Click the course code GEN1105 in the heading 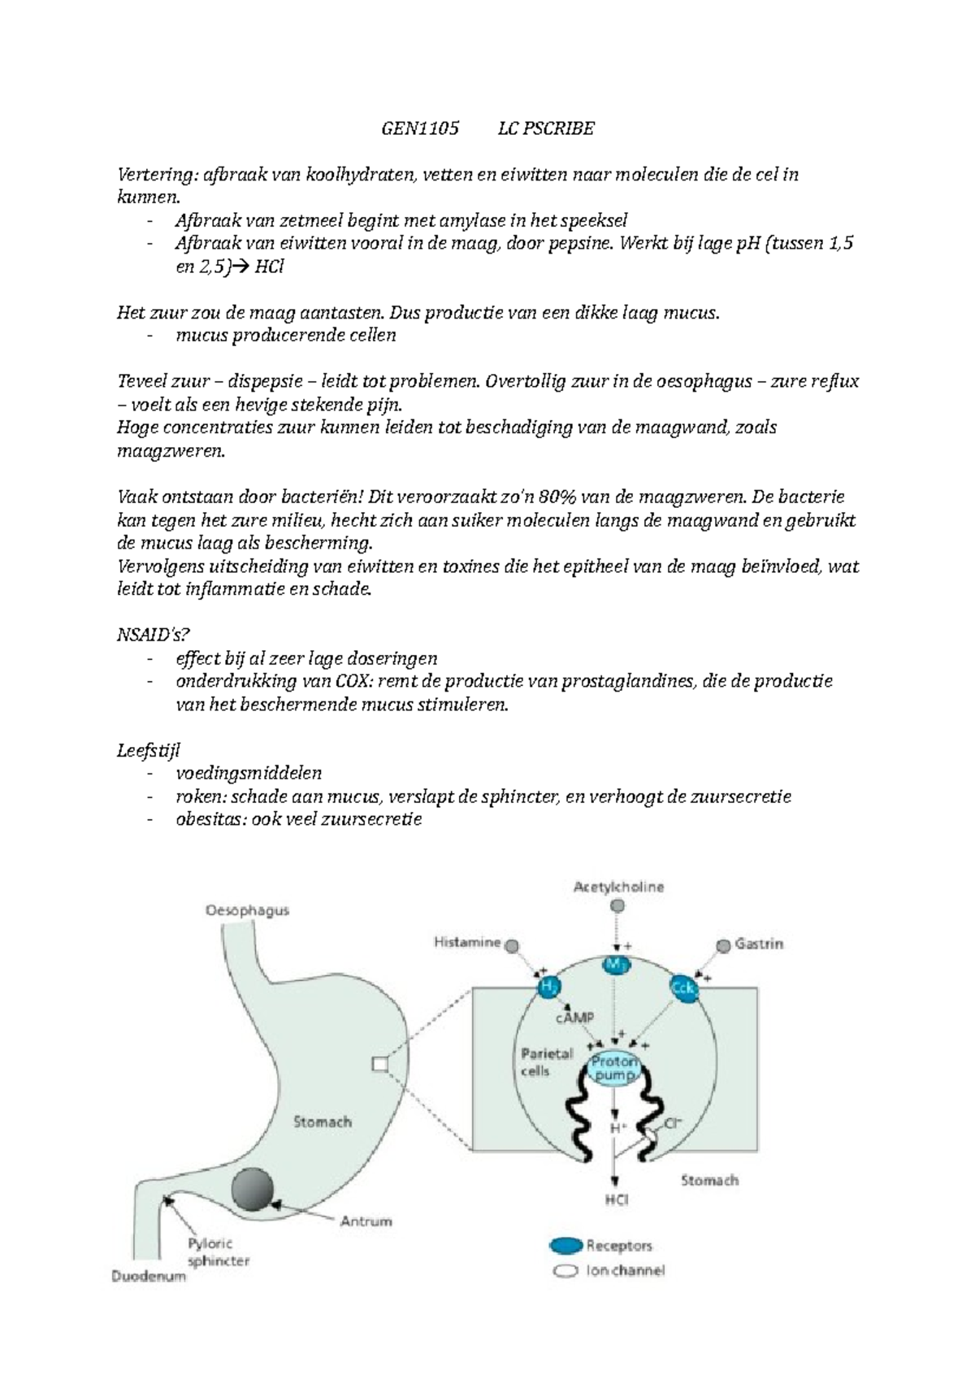tap(420, 128)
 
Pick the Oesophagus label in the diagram tap(246, 911)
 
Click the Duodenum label tap(149, 1276)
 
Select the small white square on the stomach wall tap(379, 1063)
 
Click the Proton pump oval tap(615, 1069)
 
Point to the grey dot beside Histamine tap(513, 946)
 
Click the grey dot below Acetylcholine tap(618, 905)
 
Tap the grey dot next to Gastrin tap(723, 946)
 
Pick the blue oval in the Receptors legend tap(566, 1245)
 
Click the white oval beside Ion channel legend tap(565, 1271)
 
